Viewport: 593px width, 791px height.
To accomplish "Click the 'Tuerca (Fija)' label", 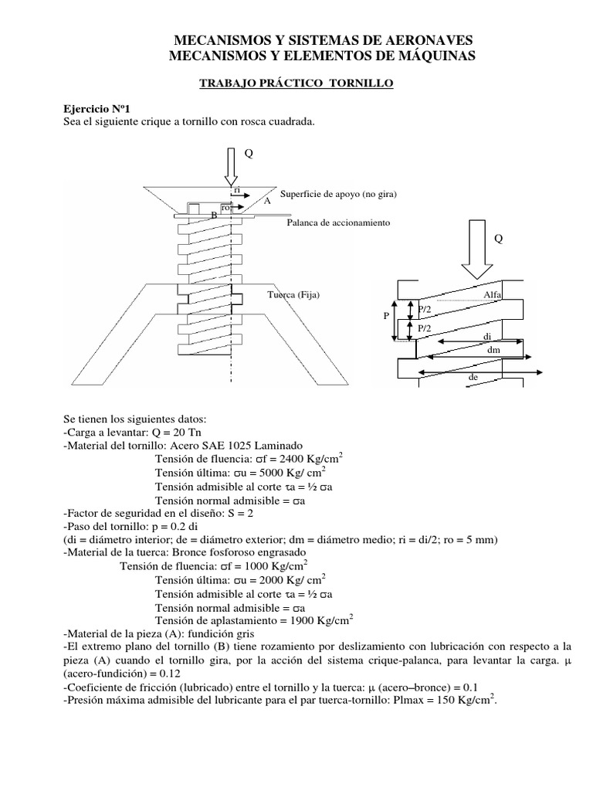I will [293, 295].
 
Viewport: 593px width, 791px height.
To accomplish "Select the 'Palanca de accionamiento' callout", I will [338, 222].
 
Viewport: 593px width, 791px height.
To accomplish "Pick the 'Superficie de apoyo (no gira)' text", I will [339, 195].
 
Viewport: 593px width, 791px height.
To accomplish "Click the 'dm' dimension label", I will [495, 350].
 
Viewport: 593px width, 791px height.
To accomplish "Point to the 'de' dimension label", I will [474, 378].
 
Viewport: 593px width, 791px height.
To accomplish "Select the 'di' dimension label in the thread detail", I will [487, 337].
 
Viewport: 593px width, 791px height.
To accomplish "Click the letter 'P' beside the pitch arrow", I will [386, 317].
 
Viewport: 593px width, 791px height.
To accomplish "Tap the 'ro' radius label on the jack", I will [225, 208].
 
